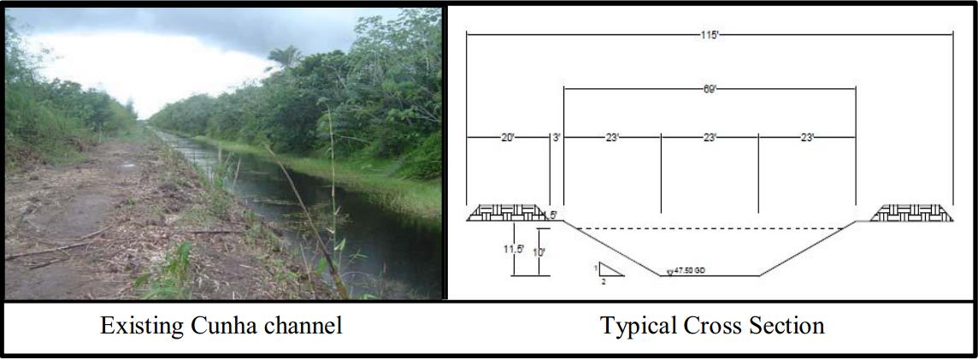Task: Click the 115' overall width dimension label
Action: click(x=709, y=34)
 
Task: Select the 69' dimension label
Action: click(x=709, y=88)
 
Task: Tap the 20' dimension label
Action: click(x=508, y=137)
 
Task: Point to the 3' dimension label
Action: click(x=557, y=137)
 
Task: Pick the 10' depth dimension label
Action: click(x=538, y=254)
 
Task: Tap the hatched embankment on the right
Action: click(x=911, y=213)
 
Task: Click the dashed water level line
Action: click(x=710, y=228)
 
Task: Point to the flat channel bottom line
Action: click(x=710, y=275)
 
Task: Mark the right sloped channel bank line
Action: click(x=808, y=249)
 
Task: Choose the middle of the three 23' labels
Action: click(x=710, y=137)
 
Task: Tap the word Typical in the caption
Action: click(x=636, y=326)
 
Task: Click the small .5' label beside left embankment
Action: click(x=552, y=215)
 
